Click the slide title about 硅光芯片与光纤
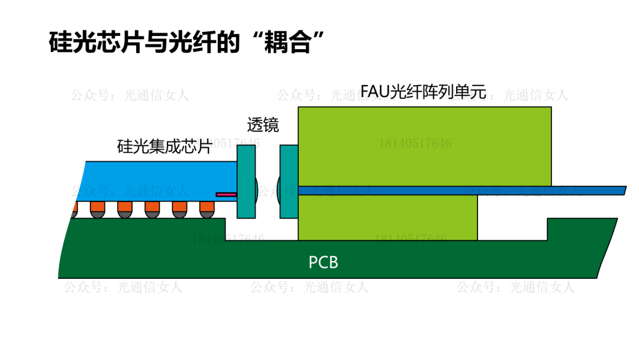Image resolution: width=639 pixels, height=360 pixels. point(188,43)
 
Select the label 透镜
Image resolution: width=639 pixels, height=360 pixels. point(263,125)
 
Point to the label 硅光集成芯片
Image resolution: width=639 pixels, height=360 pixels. point(164,146)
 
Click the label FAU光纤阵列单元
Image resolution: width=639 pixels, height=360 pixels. point(423,92)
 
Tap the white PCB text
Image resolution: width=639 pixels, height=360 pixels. point(324,262)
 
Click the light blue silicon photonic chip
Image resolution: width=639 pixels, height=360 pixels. point(154,178)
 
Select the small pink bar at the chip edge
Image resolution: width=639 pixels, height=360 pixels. point(225,194)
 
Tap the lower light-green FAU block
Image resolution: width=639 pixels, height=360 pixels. point(388,217)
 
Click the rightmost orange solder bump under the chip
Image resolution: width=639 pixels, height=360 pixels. point(206,209)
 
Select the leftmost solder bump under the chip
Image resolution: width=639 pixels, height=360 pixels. point(73,209)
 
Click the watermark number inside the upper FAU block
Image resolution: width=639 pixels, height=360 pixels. point(415,143)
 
